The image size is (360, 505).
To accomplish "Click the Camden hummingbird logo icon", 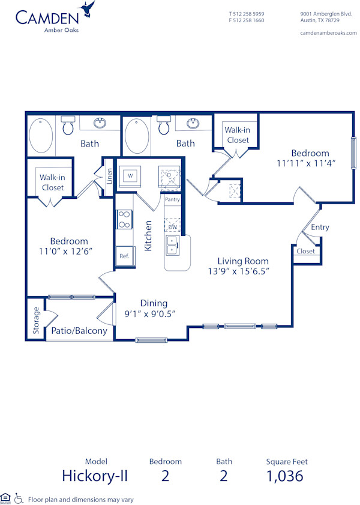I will tap(90, 9).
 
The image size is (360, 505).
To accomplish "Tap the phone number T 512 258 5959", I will tap(247, 13).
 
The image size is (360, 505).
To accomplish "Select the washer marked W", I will tap(130, 176).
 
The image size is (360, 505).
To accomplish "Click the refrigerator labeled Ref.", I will tap(124, 256).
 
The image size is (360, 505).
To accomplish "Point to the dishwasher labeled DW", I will tap(172, 227).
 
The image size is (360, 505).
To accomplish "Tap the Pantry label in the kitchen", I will tap(172, 199).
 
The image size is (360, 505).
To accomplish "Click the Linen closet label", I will tap(109, 176).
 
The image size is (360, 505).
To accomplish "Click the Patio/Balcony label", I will tap(79, 330).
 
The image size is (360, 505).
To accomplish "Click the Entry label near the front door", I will tap(320, 227).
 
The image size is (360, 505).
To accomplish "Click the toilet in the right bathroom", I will tap(163, 127).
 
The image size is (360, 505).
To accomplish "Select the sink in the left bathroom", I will tap(99, 124).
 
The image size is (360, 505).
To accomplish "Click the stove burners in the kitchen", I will tap(124, 219).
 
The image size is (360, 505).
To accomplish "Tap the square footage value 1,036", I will tap(285, 476).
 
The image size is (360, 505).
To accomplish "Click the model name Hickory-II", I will tap(95, 476).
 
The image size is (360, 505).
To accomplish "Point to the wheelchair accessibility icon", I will tap(19, 498).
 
